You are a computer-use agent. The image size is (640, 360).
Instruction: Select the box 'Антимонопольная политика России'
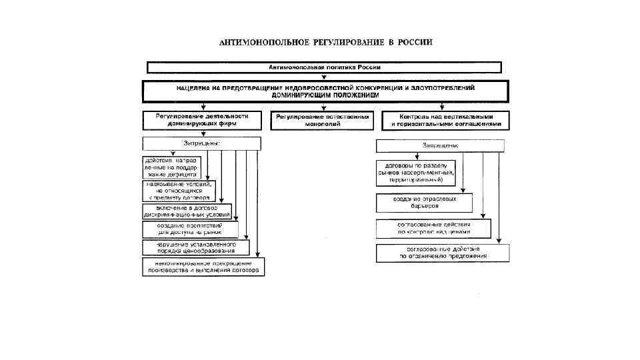pyautogui.click(x=325, y=67)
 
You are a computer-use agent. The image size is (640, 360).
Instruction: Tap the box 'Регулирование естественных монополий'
pyautogui.click(x=323, y=120)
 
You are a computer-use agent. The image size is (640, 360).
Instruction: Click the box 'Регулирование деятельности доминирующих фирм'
pyautogui.click(x=202, y=120)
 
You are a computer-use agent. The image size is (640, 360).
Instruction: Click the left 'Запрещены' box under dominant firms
pyautogui.click(x=202, y=143)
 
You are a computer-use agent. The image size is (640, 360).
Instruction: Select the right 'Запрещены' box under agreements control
pyautogui.click(x=440, y=145)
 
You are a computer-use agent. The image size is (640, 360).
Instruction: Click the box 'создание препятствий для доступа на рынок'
pyautogui.click(x=190, y=230)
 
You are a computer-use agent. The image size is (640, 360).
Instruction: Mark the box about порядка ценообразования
pyautogui.click(x=195, y=247)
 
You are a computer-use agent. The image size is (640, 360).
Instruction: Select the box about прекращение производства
pyautogui.click(x=203, y=267)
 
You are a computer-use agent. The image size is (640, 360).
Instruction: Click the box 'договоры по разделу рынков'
pyautogui.click(x=415, y=173)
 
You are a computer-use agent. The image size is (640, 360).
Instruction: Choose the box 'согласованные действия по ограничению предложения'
pyautogui.click(x=443, y=252)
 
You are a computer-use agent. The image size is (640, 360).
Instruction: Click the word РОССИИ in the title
pyautogui.click(x=415, y=42)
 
